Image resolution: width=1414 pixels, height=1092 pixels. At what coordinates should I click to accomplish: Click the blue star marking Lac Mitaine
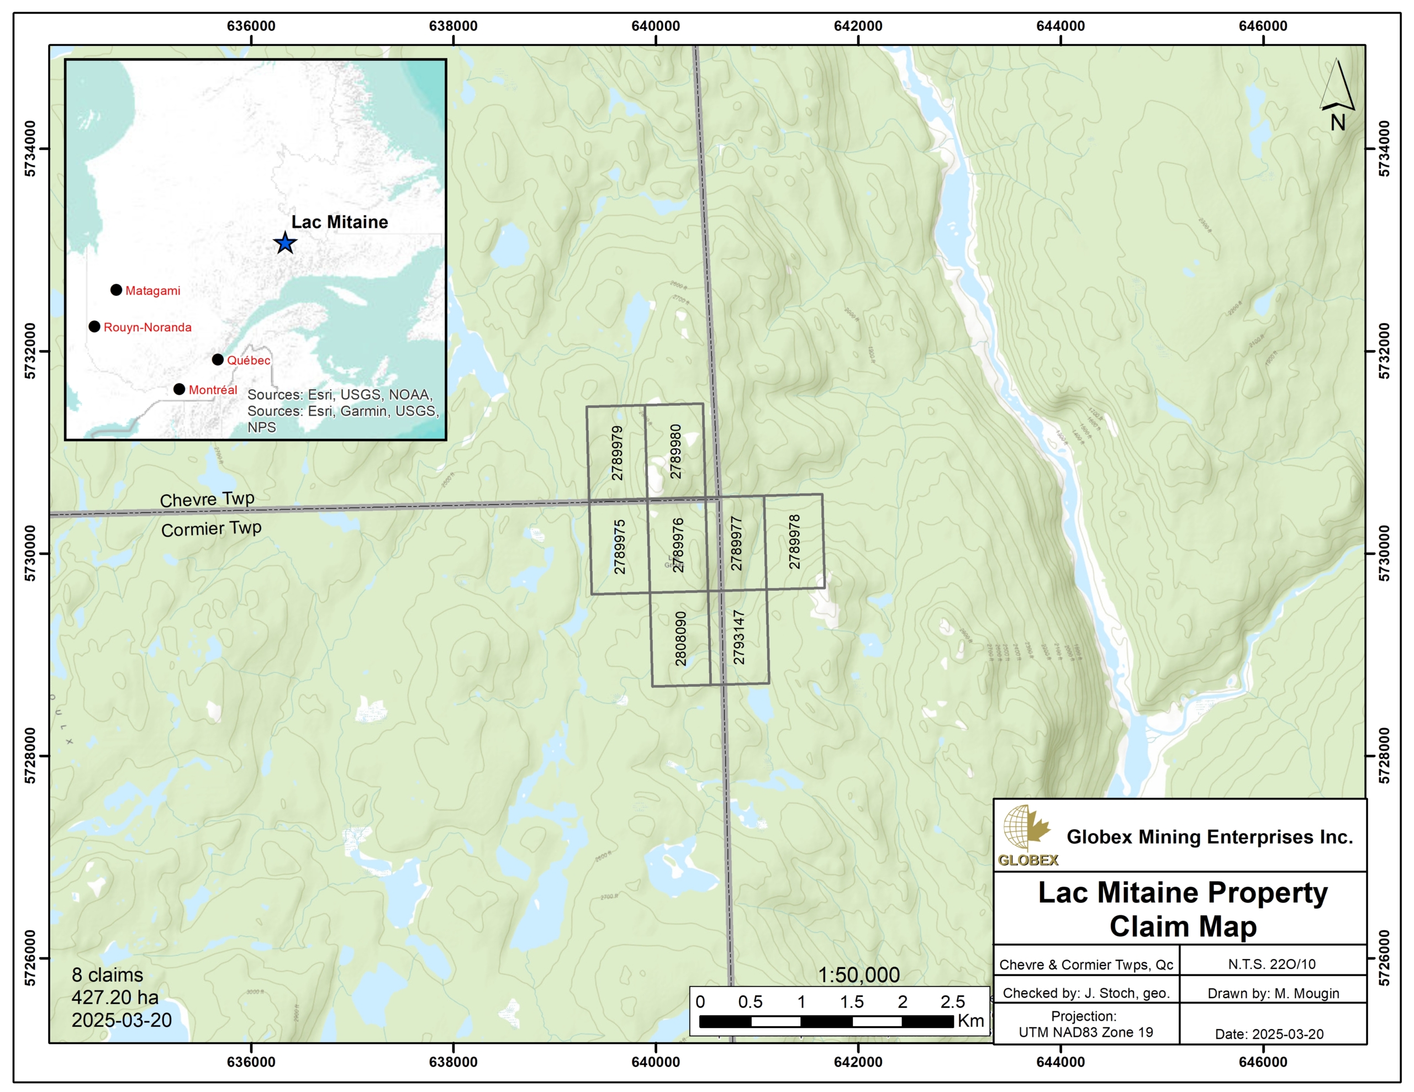(x=285, y=243)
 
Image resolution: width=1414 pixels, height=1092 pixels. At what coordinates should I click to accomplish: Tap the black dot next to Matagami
(x=116, y=290)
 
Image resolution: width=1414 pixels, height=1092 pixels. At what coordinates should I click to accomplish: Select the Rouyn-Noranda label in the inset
(x=147, y=327)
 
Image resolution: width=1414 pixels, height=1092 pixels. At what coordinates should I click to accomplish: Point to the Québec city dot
(x=218, y=359)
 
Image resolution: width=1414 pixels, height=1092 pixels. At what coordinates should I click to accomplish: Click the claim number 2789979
(x=618, y=453)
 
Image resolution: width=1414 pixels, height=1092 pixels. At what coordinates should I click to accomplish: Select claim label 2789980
(x=676, y=451)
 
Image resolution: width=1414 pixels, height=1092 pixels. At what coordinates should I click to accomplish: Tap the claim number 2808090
(x=680, y=638)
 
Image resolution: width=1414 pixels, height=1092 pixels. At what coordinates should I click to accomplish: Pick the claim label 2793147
(x=738, y=638)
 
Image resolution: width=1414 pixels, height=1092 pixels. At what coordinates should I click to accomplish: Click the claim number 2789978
(x=794, y=542)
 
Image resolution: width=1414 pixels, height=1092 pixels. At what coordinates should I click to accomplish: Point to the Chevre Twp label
(x=207, y=499)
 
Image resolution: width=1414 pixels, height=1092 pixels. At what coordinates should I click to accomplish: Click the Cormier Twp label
(x=211, y=529)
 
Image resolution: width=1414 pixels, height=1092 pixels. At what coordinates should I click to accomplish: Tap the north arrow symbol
(x=1337, y=94)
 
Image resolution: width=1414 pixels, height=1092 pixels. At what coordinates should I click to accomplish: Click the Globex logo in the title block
(x=1027, y=835)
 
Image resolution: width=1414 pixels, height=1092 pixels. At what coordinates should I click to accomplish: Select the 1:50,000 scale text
(x=858, y=975)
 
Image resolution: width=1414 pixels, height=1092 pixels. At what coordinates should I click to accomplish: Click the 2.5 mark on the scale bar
(x=952, y=1002)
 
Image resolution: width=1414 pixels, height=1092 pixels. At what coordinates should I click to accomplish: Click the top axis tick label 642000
(x=858, y=26)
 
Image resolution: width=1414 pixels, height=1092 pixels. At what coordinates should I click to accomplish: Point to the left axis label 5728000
(x=30, y=755)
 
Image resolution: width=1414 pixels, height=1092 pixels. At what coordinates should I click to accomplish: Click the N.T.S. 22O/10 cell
(x=1271, y=964)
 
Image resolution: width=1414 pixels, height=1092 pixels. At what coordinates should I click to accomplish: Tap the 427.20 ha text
(x=115, y=998)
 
